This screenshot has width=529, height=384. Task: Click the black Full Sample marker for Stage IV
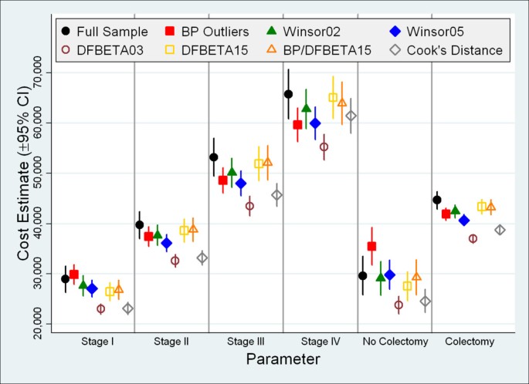point(288,94)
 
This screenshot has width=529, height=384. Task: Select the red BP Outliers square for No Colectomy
point(371,246)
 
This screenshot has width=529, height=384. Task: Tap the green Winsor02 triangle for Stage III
point(232,172)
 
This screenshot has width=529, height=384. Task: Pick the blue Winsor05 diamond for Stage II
point(167,243)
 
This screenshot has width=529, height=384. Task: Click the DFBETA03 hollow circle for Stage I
point(100,308)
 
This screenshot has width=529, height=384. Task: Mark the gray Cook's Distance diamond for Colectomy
point(500,230)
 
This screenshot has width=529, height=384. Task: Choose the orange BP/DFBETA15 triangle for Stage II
point(194,229)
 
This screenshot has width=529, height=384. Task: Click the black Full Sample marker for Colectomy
point(436,200)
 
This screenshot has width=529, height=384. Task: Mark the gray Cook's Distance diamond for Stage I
point(127,308)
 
